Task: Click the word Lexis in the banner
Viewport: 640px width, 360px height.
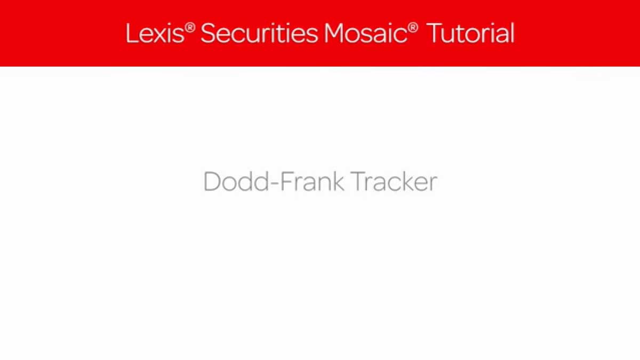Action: click(x=155, y=34)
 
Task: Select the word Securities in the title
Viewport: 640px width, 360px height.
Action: click(x=259, y=34)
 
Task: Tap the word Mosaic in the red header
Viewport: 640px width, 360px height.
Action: click(x=365, y=34)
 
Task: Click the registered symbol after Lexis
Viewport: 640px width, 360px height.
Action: click(x=190, y=28)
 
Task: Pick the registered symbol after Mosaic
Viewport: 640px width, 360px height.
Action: click(x=413, y=28)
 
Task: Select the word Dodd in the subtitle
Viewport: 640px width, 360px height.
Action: click(x=236, y=181)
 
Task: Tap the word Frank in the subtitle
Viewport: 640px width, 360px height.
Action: click(x=312, y=181)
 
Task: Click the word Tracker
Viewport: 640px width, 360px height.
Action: click(x=394, y=181)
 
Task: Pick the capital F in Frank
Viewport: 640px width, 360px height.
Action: click(x=286, y=181)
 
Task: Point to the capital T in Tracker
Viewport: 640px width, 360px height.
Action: click(x=358, y=181)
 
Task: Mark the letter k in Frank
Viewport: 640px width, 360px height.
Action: click(x=338, y=181)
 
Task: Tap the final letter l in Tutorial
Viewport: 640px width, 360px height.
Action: click(x=513, y=33)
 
